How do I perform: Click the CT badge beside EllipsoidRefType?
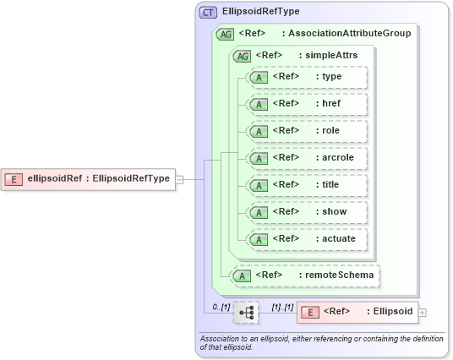click(x=208, y=13)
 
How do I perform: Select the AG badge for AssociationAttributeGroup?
click(x=226, y=34)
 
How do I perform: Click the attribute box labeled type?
click(x=305, y=78)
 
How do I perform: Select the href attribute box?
click(x=305, y=104)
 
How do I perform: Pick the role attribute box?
click(x=305, y=131)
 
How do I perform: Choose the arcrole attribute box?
click(x=305, y=158)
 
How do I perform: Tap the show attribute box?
click(x=305, y=212)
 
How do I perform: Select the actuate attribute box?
click(x=305, y=239)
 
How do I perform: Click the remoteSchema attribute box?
click(x=305, y=275)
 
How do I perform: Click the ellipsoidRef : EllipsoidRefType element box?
click(x=89, y=178)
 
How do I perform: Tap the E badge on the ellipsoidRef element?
click(x=14, y=178)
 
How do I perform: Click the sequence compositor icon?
click(x=246, y=313)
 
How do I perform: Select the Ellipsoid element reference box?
click(x=356, y=312)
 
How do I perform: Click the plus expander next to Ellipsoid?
click(x=423, y=313)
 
